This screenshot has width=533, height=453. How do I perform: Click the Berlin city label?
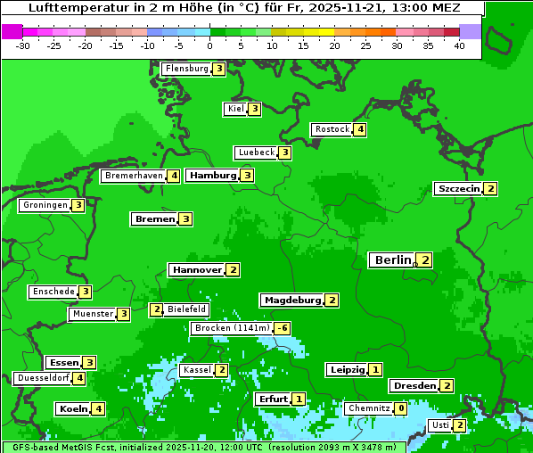click(392, 260)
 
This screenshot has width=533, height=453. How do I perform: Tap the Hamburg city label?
click(212, 176)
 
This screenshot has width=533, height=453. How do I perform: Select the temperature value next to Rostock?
click(359, 129)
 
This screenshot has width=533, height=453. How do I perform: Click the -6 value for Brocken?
click(283, 328)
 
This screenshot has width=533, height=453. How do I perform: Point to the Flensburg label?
click(186, 69)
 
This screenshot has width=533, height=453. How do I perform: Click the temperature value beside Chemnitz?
click(400, 408)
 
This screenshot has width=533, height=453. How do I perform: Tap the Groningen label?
click(45, 205)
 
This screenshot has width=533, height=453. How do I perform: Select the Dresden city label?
click(414, 386)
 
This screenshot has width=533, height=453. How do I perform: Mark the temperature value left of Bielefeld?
click(156, 309)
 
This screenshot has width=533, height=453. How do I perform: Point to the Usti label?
click(439, 425)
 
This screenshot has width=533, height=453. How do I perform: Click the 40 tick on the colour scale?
click(459, 45)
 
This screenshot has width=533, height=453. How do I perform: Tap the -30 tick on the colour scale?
click(23, 45)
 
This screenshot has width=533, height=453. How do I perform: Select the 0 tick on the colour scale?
click(210, 45)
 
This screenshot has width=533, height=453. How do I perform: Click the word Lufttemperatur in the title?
click(67, 8)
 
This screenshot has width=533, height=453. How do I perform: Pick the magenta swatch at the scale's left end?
click(12, 31)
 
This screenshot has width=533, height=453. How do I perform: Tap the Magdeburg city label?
click(292, 301)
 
